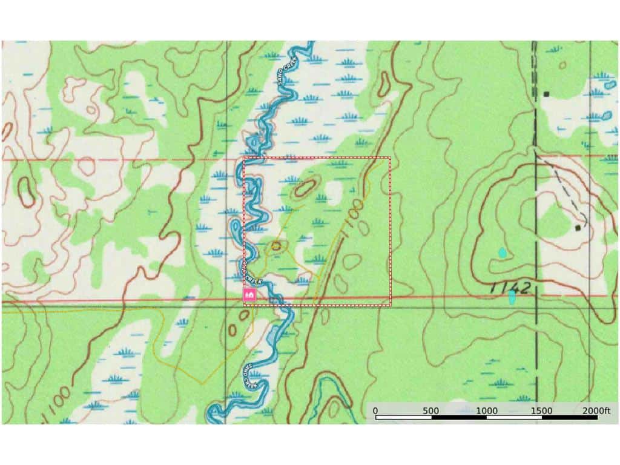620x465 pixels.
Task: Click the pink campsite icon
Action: (249, 295)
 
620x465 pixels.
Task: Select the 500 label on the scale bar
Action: (430, 411)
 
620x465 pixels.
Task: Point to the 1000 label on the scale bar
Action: (486, 411)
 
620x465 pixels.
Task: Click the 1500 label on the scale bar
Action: (541, 411)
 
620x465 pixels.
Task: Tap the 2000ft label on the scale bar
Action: (596, 411)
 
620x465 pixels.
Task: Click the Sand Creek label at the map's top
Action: (280, 75)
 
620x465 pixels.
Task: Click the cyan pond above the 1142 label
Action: (501, 252)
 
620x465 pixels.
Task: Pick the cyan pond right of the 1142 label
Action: (512, 297)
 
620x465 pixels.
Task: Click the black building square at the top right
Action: (546, 94)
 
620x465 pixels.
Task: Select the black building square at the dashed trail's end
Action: (578, 228)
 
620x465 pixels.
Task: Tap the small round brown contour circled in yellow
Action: (277, 246)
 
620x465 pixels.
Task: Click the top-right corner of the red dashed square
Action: (391, 157)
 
